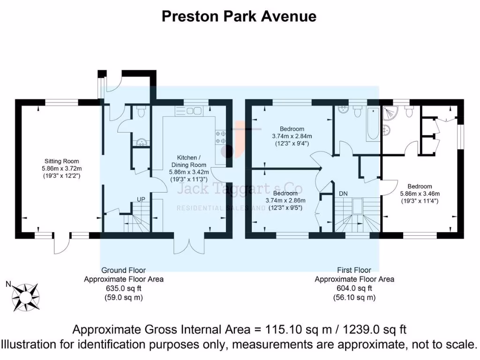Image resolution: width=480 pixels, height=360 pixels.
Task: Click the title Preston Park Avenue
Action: tap(239, 16)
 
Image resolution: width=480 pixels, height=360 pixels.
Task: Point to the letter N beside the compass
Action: tap(8, 284)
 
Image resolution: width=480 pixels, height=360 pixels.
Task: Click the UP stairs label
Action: tap(141, 199)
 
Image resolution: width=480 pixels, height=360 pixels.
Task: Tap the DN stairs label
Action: tap(343, 193)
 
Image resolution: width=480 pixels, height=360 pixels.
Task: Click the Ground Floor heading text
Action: tap(123, 270)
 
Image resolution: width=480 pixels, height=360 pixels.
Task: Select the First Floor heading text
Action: tap(354, 270)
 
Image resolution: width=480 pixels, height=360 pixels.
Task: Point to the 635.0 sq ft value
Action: tap(123, 288)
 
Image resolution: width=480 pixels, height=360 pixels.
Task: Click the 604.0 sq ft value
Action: tap(354, 288)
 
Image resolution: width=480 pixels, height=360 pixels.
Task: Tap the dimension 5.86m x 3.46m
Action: tap(420, 193)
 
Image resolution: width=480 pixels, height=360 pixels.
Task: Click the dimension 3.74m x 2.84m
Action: tap(292, 136)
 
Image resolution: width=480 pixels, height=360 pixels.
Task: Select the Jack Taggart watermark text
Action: tap(239, 189)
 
